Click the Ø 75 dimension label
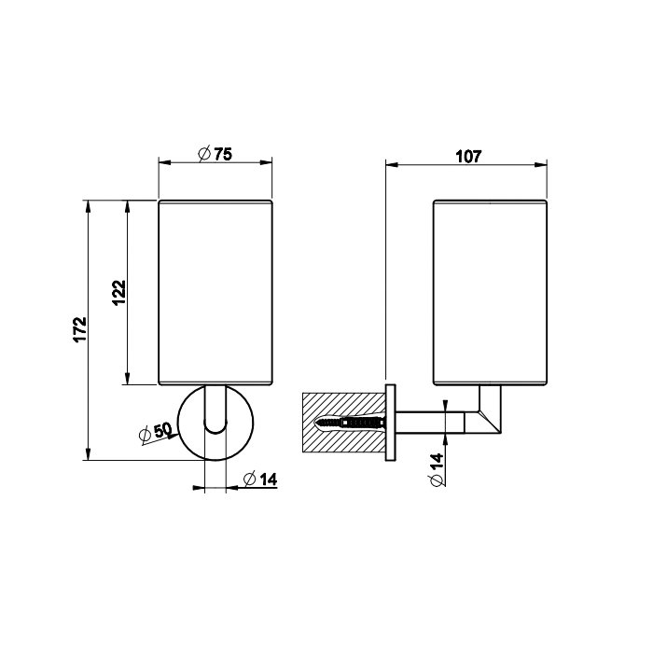point(215,154)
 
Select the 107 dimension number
point(468,157)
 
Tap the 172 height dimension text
point(80,329)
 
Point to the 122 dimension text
point(119,293)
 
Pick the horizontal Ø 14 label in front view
point(260,479)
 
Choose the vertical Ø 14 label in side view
point(437,469)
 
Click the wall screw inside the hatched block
point(350,424)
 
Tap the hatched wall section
point(344,423)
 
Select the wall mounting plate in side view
point(391,423)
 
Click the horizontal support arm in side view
point(430,423)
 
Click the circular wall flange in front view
point(215,423)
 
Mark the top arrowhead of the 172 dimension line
point(87,206)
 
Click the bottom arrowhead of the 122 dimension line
point(128,378)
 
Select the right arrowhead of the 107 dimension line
point(540,165)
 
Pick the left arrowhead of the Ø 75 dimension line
point(165,162)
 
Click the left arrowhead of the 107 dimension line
point(393,165)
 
